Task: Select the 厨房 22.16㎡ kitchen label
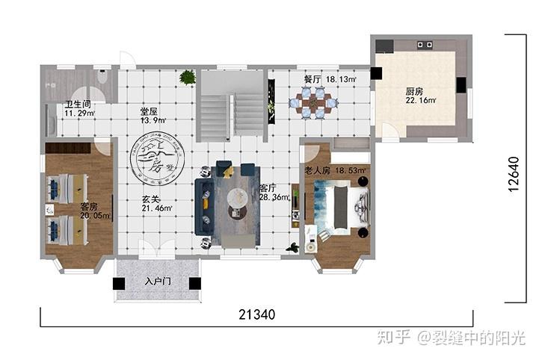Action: point(420,96)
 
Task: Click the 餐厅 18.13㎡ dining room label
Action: point(330,78)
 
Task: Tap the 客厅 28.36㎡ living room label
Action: point(268,193)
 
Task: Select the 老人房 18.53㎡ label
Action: point(336,171)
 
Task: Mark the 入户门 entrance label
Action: point(158,282)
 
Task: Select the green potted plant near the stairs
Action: point(188,76)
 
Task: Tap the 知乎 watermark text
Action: point(394,338)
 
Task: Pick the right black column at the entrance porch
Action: point(194,284)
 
